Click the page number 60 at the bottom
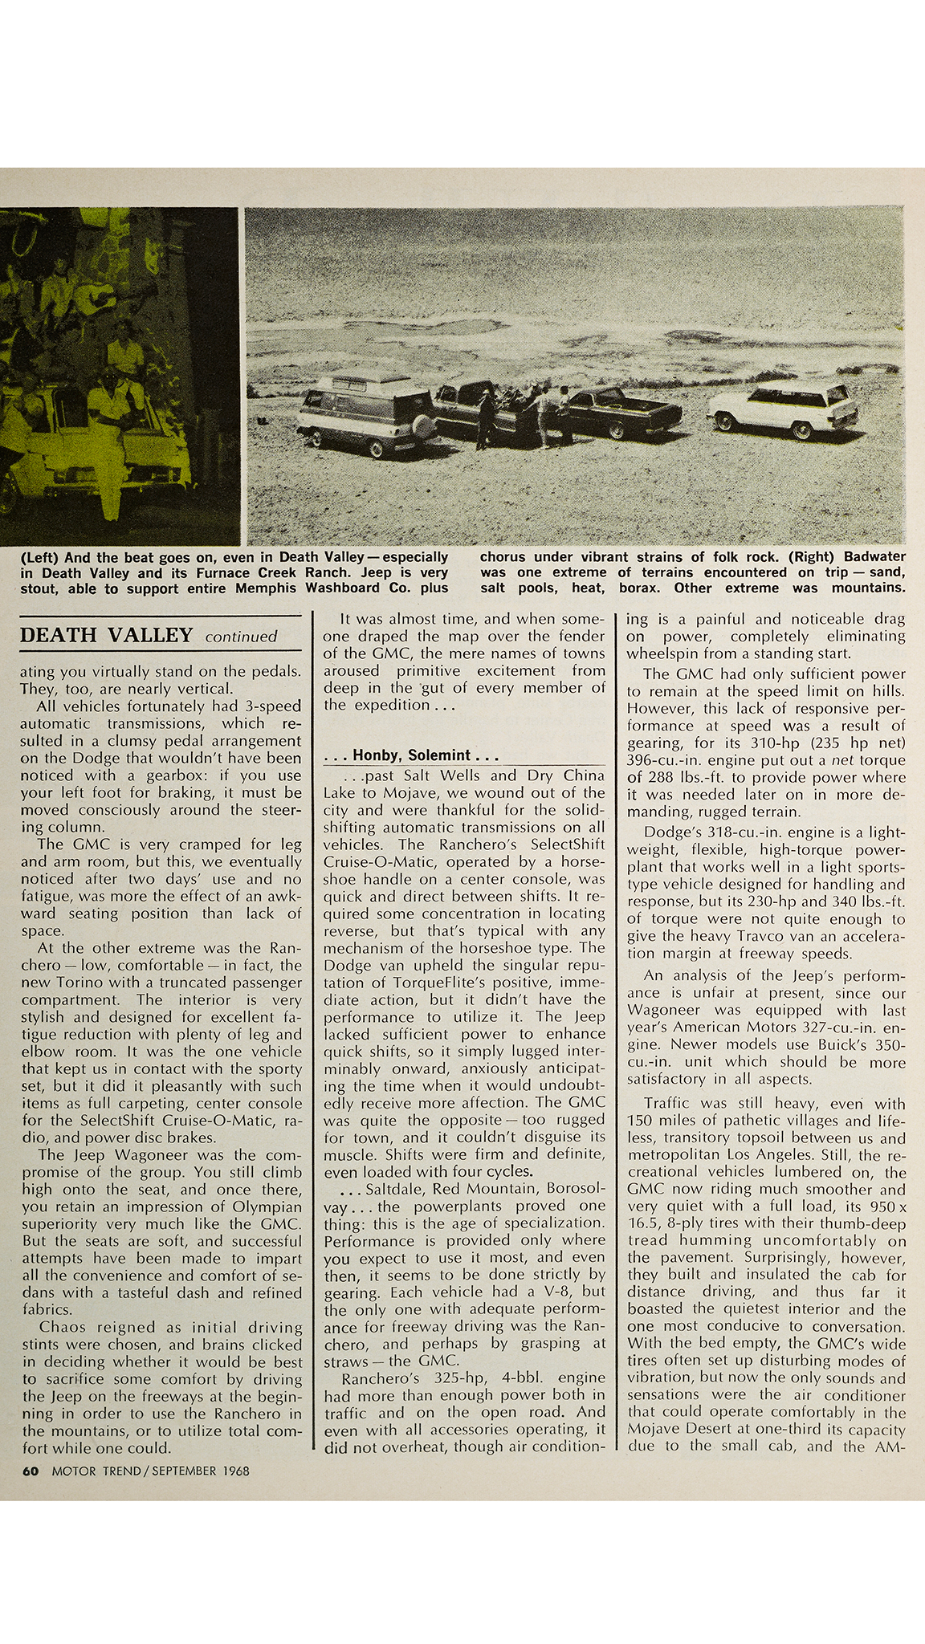coord(29,1471)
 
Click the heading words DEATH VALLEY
coord(106,636)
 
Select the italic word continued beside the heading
coord(241,637)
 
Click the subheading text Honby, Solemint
coord(413,755)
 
